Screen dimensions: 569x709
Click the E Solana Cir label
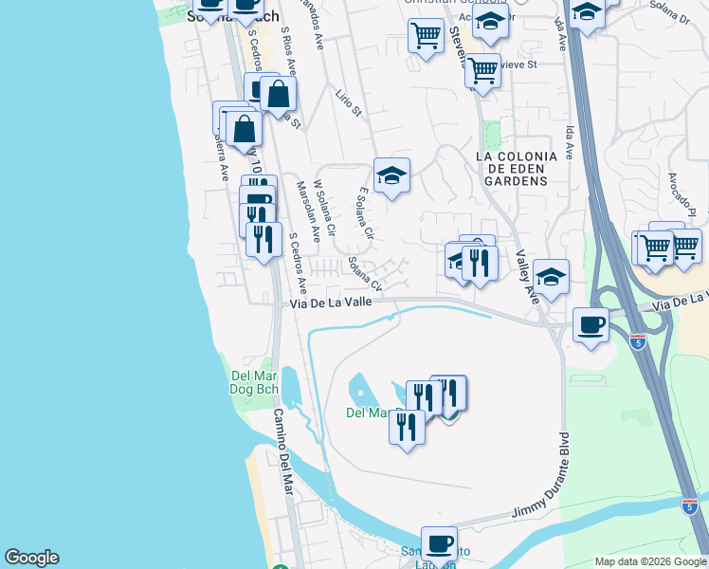(367, 212)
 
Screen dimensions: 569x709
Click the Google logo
(31, 558)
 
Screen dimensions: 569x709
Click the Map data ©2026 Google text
(649, 561)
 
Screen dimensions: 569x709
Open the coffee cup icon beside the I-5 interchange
(591, 325)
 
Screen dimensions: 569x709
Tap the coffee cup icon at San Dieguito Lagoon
(439, 544)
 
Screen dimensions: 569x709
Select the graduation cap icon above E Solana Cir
(391, 175)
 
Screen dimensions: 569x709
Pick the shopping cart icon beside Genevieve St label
(483, 69)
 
